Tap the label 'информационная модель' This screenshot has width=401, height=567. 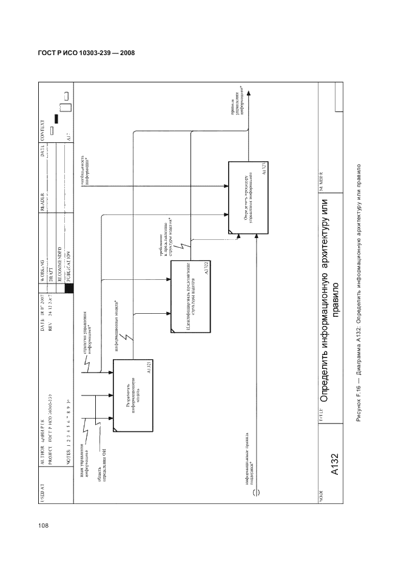pyautogui.click(x=117, y=323)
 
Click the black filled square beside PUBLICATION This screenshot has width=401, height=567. pyautogui.click(x=69, y=290)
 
